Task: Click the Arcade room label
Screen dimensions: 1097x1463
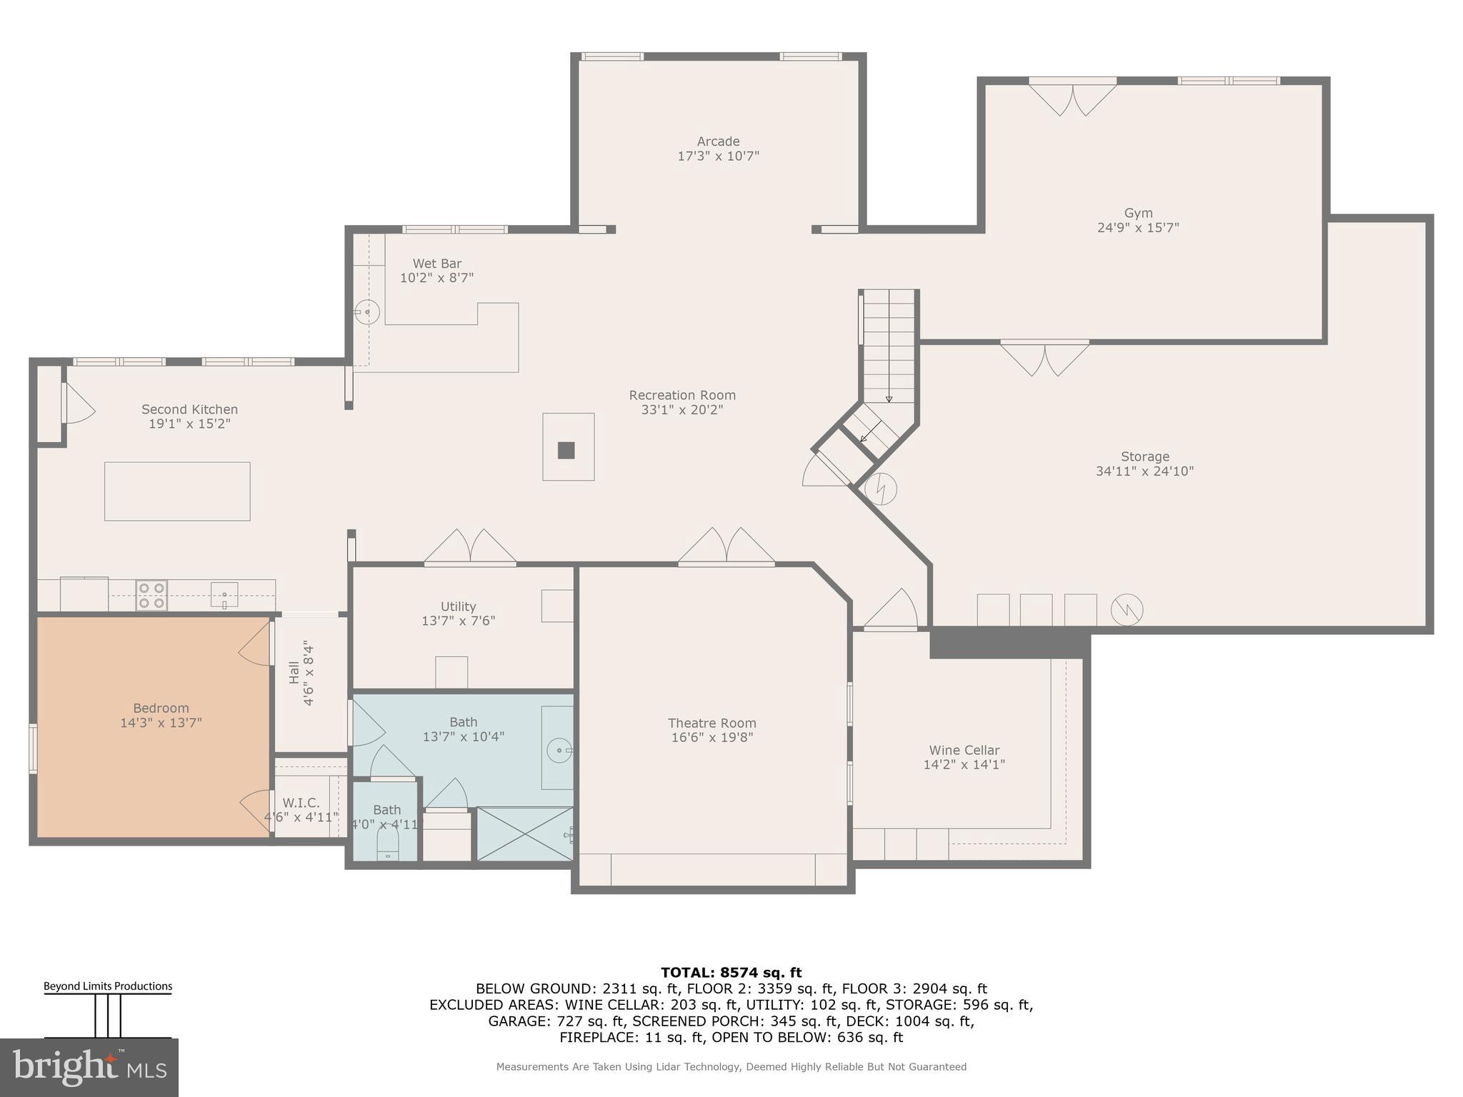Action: (718, 141)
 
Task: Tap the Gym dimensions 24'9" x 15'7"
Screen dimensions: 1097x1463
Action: (1137, 228)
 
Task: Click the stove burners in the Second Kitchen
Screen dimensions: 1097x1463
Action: (152, 596)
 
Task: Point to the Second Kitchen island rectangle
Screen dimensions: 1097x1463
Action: (177, 491)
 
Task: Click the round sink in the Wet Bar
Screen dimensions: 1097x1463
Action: (367, 312)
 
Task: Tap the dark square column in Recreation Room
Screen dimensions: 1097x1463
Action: (566, 450)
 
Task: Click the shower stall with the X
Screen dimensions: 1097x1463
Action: (525, 833)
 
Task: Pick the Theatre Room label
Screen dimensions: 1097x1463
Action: (711, 723)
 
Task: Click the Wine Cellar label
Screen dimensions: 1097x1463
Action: (964, 750)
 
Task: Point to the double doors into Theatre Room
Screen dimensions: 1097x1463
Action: (726, 548)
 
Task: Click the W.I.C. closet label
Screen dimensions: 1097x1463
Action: (301, 803)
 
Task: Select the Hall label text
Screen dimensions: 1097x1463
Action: (294, 673)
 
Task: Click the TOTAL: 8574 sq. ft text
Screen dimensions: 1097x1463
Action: (731, 972)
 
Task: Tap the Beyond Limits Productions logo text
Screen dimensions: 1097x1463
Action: (108, 986)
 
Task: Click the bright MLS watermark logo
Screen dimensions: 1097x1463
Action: (89, 1068)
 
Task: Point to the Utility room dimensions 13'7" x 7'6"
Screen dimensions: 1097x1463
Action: (458, 621)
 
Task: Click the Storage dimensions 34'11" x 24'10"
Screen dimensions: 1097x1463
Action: (1144, 471)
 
